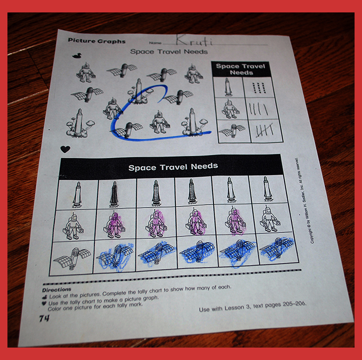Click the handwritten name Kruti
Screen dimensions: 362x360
(x=193, y=40)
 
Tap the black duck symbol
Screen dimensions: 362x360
(x=77, y=56)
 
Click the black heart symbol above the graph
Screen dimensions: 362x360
(x=65, y=149)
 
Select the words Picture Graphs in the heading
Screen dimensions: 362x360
(x=97, y=41)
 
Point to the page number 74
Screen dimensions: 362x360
(x=44, y=318)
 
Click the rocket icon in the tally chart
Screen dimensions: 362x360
(x=228, y=87)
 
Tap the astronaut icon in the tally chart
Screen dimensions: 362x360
(x=230, y=109)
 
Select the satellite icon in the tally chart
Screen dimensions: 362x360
(x=232, y=131)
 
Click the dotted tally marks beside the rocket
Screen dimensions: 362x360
(x=259, y=87)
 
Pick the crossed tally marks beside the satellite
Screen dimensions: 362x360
(x=265, y=130)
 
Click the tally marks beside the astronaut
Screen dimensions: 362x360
(x=258, y=109)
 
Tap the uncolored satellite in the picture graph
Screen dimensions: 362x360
(x=72, y=258)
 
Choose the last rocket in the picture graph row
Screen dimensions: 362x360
(x=268, y=188)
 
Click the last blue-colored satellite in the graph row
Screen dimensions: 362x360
(x=277, y=247)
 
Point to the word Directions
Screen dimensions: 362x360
(x=57, y=289)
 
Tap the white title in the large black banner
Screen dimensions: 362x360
(x=173, y=167)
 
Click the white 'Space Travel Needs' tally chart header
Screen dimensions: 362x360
(x=241, y=70)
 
